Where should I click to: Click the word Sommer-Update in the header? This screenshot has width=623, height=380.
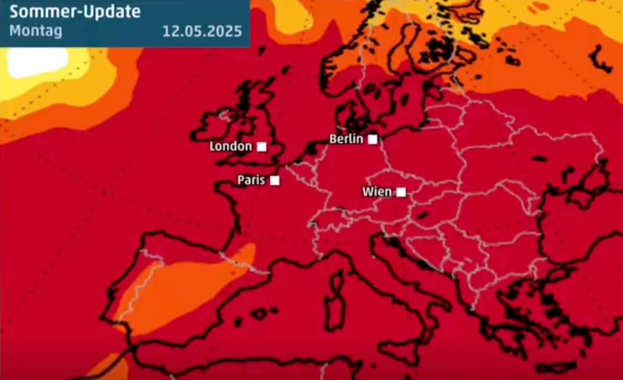pos(75,12)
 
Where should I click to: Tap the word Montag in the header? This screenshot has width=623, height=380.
pos(36,31)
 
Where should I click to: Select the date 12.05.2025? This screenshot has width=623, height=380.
pos(202,31)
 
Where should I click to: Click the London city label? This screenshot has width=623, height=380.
pos(230,146)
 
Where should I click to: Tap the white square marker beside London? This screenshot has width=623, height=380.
pos(262,146)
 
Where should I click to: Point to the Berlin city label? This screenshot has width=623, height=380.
pos(346,139)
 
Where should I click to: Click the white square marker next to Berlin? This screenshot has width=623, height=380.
pos(372,139)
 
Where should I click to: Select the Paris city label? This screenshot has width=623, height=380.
pos(251,180)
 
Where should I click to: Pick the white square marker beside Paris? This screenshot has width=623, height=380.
pos(275,180)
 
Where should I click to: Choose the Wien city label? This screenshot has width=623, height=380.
pos(377,192)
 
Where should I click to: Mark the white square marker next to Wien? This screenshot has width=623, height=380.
pos(401,192)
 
